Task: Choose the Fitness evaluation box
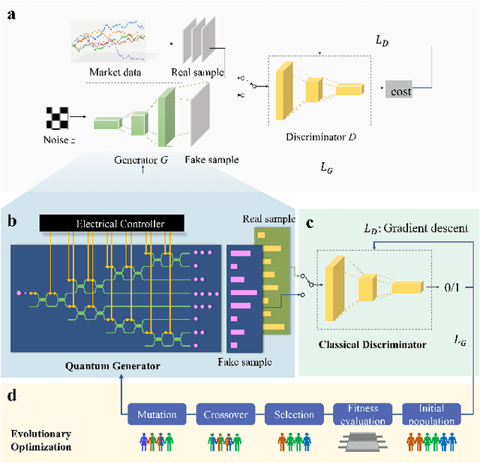pos(361,415)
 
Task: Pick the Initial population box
pos(430,415)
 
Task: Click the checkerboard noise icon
pos(55,116)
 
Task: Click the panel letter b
pos(10,221)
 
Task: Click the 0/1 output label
pos(442,286)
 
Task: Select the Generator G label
pos(139,159)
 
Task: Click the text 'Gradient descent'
pos(435,228)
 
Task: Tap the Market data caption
pos(115,72)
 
